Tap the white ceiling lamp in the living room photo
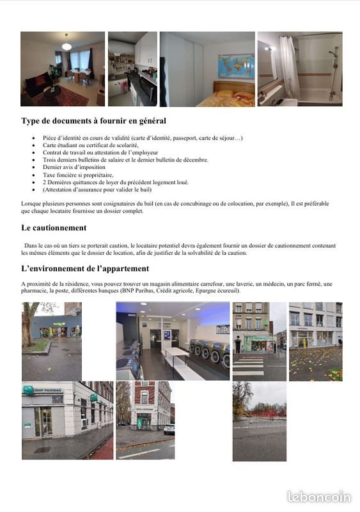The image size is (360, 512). tap(66, 46)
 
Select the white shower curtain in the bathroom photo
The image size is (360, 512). tap(289, 67)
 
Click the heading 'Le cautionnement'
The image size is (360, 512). tap(54, 228)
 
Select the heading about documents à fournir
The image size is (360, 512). tap(93, 121)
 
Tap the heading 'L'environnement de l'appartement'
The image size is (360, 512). tap(85, 269)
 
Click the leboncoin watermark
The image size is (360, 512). tap(320, 497)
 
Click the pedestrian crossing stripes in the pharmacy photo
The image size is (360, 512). tap(247, 367)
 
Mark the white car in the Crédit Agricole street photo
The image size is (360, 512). tap(169, 429)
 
